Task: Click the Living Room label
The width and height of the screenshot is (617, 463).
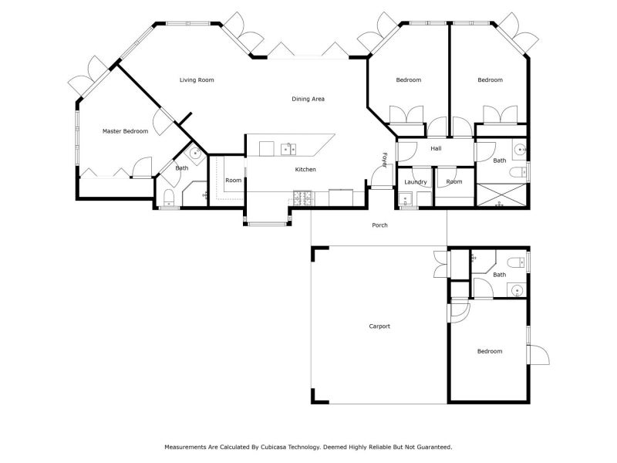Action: [x=197, y=80]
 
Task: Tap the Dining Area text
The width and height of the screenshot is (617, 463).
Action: [x=308, y=99]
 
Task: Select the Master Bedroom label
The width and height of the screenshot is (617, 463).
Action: [x=125, y=131]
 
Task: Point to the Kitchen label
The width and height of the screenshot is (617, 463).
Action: [x=305, y=170]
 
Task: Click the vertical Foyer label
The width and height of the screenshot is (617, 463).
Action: [x=384, y=160]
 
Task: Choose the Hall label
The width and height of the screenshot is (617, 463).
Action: [x=436, y=148]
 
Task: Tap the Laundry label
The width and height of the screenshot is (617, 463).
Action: [x=416, y=182]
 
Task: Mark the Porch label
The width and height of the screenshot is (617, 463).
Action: [x=379, y=225]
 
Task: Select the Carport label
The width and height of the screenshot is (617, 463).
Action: [x=379, y=326]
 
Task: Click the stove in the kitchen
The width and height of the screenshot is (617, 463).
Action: [x=302, y=198]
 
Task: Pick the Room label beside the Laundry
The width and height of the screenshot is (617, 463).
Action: [x=454, y=182]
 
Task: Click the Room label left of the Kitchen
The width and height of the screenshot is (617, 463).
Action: [x=234, y=181]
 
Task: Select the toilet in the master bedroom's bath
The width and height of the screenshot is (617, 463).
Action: [x=168, y=199]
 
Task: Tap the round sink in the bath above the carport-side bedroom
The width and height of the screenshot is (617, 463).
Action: [x=515, y=289]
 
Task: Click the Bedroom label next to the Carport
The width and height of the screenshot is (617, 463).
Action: [x=489, y=351]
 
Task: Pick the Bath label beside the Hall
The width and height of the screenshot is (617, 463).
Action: [x=500, y=161]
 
